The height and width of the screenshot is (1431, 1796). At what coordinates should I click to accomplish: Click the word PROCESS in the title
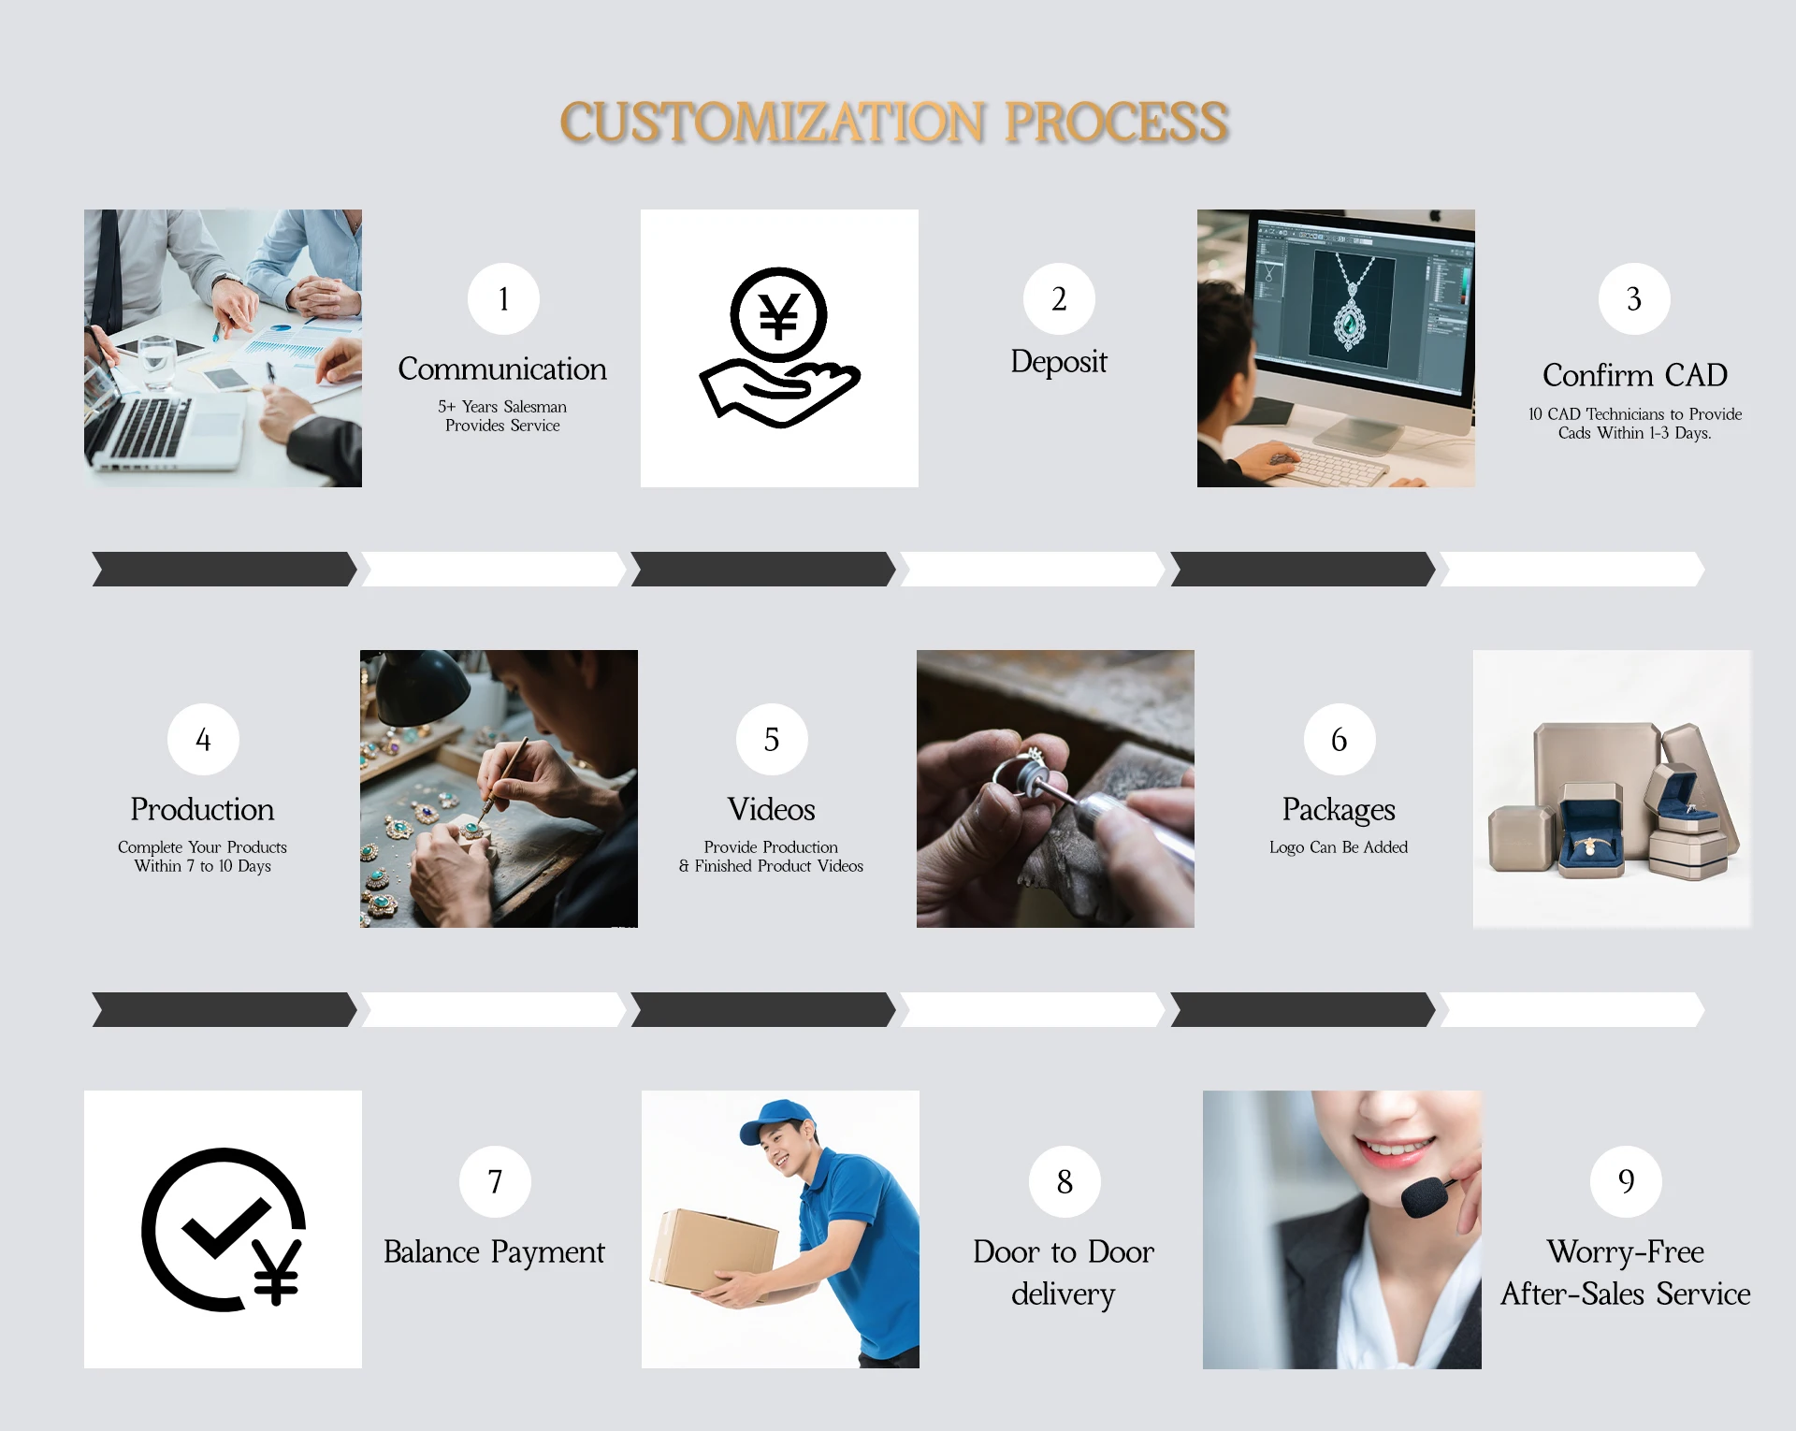(1117, 123)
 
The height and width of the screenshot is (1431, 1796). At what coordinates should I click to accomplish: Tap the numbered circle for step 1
(503, 298)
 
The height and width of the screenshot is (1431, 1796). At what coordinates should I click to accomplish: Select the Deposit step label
(1059, 362)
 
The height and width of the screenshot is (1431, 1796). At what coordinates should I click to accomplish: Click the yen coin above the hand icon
(778, 315)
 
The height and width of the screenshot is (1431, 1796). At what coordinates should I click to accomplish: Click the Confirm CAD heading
(1634, 375)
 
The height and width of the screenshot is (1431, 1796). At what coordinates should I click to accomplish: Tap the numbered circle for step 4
(203, 739)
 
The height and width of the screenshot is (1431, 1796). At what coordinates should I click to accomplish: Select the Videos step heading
(771, 809)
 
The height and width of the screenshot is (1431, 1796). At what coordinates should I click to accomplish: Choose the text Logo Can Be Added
(1339, 847)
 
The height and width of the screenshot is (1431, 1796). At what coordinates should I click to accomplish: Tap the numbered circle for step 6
(1340, 739)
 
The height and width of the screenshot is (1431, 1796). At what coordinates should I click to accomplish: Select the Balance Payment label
(494, 1252)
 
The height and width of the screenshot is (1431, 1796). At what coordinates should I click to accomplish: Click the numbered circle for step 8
(1065, 1181)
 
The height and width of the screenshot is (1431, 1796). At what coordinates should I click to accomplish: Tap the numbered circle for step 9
(1626, 1181)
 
